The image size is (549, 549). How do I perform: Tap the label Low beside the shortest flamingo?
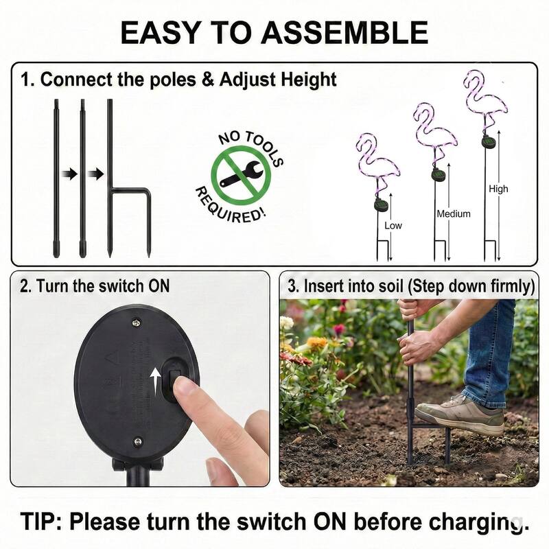[393, 224]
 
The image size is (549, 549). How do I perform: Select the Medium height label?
[454, 213]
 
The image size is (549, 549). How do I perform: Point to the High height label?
[498, 189]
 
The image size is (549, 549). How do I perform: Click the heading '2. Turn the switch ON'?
[94, 285]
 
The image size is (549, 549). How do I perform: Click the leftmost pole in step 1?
[56, 178]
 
